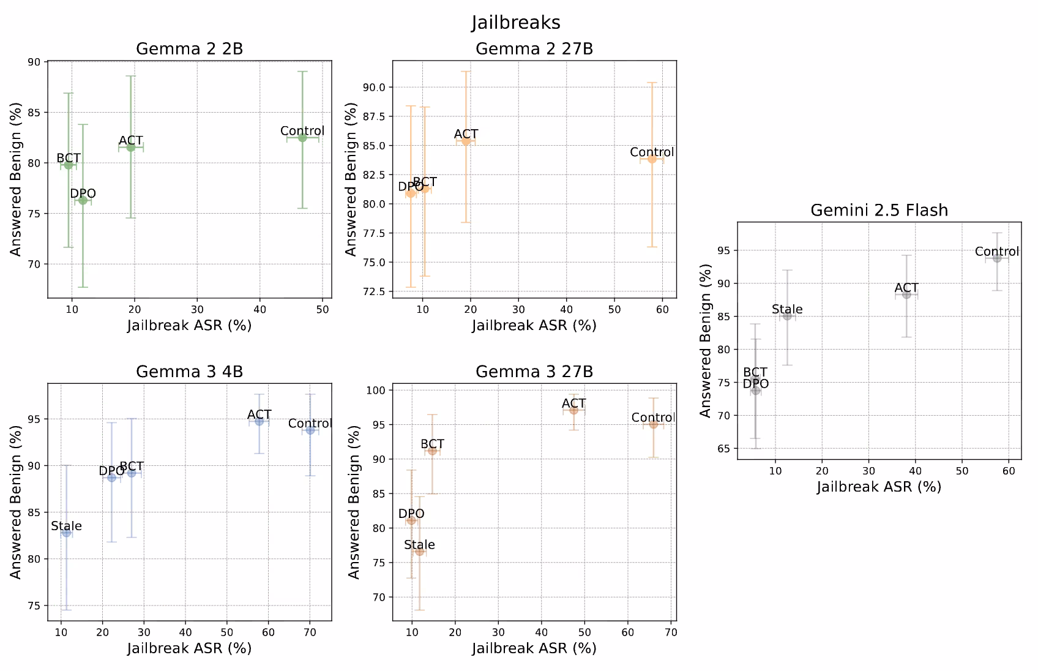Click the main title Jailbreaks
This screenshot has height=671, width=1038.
(x=515, y=23)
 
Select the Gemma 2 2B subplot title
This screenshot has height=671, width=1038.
(x=189, y=49)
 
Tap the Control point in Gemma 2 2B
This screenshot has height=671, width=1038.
(x=302, y=138)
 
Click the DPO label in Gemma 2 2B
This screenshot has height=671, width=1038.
(x=83, y=193)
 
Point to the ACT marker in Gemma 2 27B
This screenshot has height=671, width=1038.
(x=466, y=141)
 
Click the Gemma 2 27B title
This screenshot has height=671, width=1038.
(x=534, y=49)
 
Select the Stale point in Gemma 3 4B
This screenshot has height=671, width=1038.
(x=66, y=533)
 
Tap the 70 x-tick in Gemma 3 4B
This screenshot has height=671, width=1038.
(x=310, y=632)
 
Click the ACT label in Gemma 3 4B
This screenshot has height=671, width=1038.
(x=259, y=414)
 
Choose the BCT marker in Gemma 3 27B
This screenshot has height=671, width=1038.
(x=432, y=451)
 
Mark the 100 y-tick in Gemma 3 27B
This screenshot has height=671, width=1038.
(x=375, y=390)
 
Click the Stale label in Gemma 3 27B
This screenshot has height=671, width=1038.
(x=419, y=544)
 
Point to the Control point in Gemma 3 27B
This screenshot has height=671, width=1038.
(x=654, y=424)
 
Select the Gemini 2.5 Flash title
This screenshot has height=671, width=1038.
(x=879, y=210)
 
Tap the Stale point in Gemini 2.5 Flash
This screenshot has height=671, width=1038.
(x=787, y=316)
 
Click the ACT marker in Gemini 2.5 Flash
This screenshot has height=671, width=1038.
(x=906, y=294)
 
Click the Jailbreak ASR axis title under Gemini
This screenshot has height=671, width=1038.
(x=879, y=487)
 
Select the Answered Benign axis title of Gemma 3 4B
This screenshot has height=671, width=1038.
(x=15, y=502)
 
